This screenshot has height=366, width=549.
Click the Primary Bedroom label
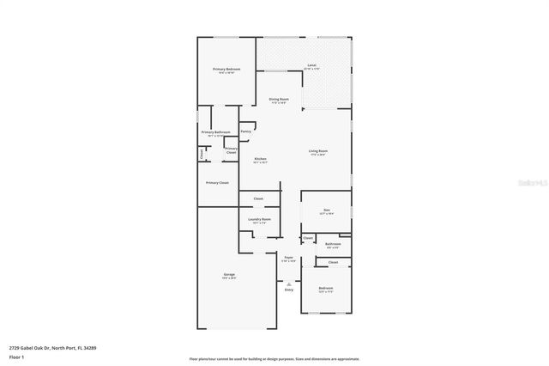click(226, 69)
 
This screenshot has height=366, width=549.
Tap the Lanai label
click(311, 66)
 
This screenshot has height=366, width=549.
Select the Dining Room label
click(279, 100)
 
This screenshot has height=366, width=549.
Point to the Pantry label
click(246, 131)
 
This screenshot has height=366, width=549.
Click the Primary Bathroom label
click(216, 132)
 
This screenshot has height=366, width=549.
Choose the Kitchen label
click(260, 159)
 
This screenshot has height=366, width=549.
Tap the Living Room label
click(318, 152)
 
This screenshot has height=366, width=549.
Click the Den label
click(326, 210)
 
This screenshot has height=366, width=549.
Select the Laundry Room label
click(260, 220)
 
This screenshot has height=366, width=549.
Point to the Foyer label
click(289, 257)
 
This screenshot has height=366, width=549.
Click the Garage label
click(229, 275)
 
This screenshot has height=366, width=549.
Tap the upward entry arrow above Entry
click(289, 282)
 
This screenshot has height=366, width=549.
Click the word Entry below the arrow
click(289, 290)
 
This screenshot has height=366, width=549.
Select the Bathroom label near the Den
click(333, 244)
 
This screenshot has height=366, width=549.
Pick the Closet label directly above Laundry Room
click(258, 199)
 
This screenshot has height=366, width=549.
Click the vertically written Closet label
click(202, 155)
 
